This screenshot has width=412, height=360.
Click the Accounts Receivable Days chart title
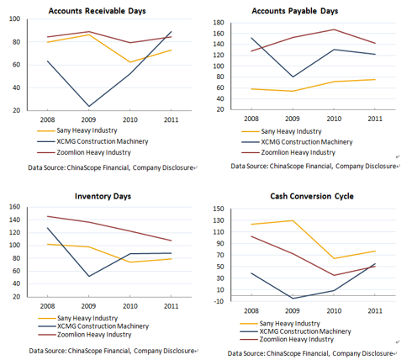coord(97,11)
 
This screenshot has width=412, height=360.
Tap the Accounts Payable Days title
coord(295,11)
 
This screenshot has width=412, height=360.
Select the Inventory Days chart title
coord(103,196)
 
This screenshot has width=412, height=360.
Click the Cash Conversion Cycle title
coord(312,196)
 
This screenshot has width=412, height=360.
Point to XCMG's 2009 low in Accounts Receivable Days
coord(89,106)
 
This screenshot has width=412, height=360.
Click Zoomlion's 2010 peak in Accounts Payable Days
coord(334,29)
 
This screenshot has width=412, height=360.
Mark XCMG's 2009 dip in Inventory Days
coord(89,277)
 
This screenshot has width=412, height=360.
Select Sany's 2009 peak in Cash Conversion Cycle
coord(293,220)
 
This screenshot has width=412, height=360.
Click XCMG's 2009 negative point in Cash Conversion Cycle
coord(293,299)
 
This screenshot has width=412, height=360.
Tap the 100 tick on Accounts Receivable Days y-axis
coord(14,19)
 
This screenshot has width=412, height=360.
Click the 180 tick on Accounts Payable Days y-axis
coord(219,23)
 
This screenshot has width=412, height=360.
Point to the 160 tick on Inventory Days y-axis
coord(14,207)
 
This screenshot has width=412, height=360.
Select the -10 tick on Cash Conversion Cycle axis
coord(219,301)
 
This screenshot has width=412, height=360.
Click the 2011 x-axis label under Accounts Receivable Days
coord(171,119)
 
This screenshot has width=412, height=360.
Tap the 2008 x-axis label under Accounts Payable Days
coord(251,119)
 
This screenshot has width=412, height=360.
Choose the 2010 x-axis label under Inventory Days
coord(130,306)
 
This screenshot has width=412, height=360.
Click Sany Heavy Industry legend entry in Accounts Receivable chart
coord(77,130)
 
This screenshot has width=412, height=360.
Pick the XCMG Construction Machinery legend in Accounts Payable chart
coord(297,142)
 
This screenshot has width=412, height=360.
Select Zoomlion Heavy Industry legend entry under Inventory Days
coord(85,335)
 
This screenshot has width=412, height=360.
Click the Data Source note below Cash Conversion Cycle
coord(310,353)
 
